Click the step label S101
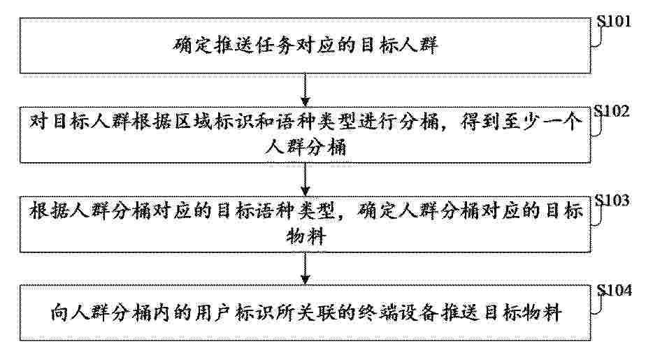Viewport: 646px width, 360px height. [x=614, y=21]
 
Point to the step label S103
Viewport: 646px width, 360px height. [x=612, y=200]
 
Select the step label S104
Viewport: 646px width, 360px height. [x=615, y=290]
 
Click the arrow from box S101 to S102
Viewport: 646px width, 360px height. [x=305, y=89]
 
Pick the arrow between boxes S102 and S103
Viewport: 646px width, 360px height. [x=305, y=180]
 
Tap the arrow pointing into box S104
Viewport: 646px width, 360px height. [x=305, y=268]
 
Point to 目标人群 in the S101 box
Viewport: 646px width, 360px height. [x=399, y=45]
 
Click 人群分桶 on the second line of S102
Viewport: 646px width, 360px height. [x=306, y=147]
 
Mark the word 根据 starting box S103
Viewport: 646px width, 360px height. [x=49, y=212]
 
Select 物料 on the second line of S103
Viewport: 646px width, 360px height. [x=306, y=236]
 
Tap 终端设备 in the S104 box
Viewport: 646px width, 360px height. [x=397, y=313]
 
